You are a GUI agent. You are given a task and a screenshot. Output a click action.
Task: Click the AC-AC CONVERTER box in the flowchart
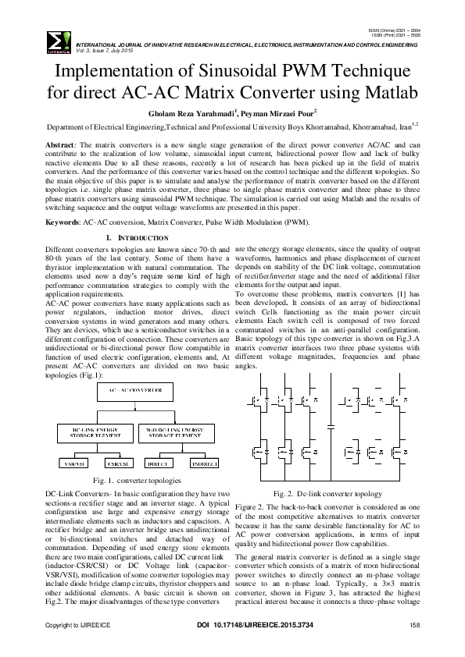coord(136,389)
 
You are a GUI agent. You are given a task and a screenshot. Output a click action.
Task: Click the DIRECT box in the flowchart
coord(160,463)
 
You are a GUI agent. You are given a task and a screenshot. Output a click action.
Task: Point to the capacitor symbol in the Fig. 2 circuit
coord(331,427)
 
